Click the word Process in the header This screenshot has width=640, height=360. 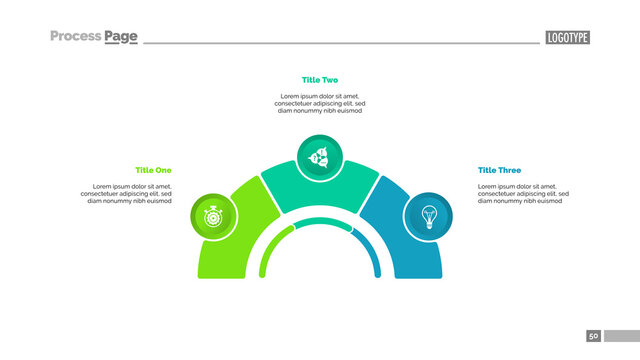(75, 37)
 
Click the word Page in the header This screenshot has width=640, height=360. (121, 37)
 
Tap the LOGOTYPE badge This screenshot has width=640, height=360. (567, 38)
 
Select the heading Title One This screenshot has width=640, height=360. (153, 170)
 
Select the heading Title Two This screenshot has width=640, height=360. (320, 79)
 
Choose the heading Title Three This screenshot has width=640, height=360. (499, 170)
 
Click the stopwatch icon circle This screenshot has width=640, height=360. (213, 215)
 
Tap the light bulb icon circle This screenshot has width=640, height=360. (429, 215)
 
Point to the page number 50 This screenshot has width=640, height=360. (593, 336)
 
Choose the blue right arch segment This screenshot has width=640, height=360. (405, 250)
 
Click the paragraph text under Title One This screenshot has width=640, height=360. (129, 193)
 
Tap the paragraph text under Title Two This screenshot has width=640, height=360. (320, 103)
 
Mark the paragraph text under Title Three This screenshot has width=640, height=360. (523, 193)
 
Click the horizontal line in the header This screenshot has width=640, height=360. (340, 43)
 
